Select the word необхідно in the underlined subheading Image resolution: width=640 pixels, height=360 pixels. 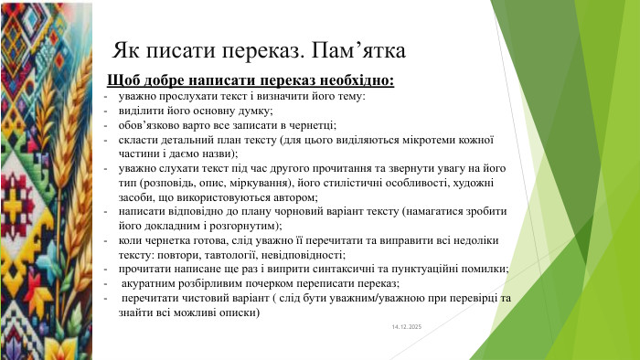pyautogui.click(x=350, y=80)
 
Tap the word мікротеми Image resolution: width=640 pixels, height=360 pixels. pyautogui.click(x=414, y=140)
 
